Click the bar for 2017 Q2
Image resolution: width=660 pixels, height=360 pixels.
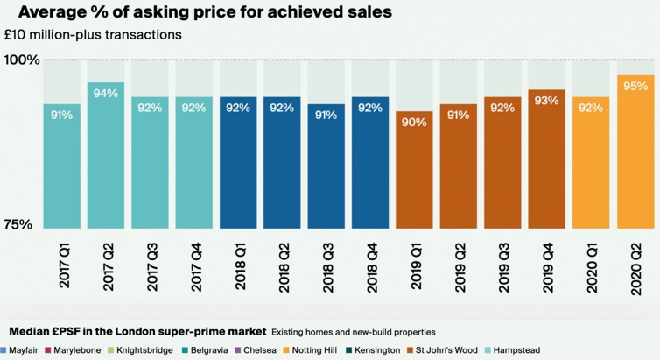[106, 158]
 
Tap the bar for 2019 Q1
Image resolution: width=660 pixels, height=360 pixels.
[414, 171]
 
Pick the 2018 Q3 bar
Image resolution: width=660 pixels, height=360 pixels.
[326, 166]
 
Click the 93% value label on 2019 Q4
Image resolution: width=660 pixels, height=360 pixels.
[547, 101]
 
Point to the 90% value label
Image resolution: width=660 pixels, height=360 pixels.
[414, 123]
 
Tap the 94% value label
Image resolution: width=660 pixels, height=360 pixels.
[106, 94]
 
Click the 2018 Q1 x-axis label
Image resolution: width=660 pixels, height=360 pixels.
[238, 263]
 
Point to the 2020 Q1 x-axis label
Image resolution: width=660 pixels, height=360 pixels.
[592, 263]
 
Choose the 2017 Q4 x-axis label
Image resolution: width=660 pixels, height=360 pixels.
[194, 263]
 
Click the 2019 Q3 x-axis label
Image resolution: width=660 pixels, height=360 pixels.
[503, 263]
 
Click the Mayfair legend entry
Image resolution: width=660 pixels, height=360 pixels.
[26, 350]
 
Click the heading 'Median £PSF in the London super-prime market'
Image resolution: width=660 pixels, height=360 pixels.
[137, 332]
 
